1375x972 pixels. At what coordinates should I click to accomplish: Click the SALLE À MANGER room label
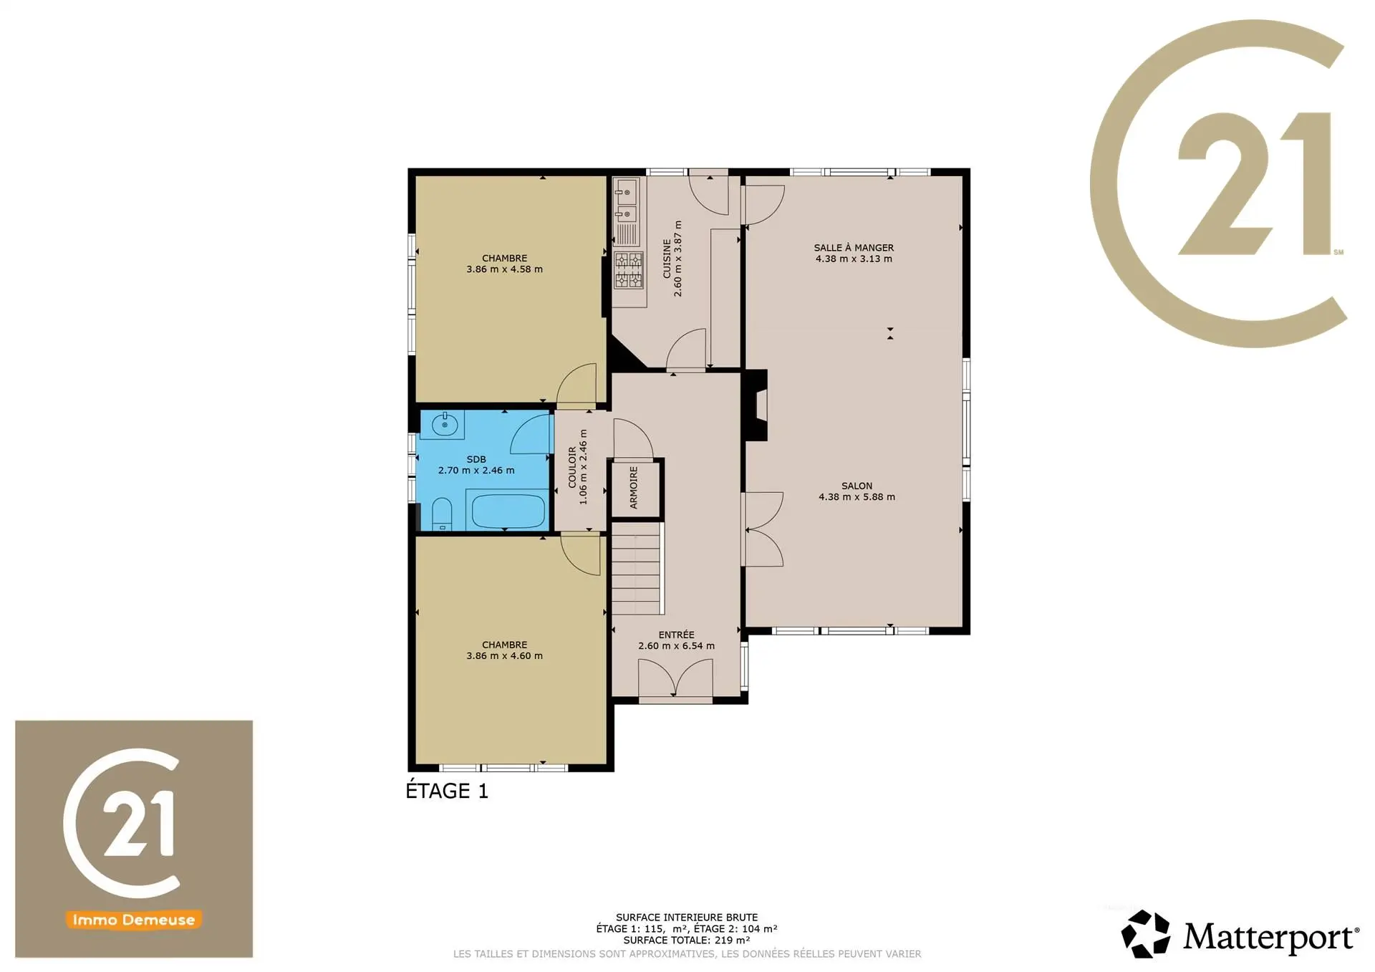click(854, 248)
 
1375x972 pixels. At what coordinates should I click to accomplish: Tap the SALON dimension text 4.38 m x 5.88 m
click(857, 497)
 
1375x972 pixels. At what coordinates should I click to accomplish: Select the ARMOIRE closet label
click(634, 488)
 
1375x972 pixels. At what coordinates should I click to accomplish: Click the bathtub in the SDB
click(507, 509)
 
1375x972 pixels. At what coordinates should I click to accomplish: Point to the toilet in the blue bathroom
click(442, 514)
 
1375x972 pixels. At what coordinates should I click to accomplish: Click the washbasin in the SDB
click(445, 425)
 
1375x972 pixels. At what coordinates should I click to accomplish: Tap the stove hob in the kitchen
click(629, 270)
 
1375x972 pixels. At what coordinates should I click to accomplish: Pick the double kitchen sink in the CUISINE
click(626, 202)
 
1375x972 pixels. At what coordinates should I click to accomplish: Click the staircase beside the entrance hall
click(637, 568)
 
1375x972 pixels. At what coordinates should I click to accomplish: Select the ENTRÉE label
click(677, 635)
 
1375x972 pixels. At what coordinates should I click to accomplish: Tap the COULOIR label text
click(572, 468)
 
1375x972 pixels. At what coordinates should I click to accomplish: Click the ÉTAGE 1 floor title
click(447, 791)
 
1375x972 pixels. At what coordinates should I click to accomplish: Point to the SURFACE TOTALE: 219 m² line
click(687, 940)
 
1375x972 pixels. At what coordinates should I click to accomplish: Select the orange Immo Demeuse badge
click(134, 920)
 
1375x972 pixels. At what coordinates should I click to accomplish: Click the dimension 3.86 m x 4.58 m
click(505, 270)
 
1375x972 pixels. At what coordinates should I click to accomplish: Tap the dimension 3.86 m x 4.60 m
click(505, 656)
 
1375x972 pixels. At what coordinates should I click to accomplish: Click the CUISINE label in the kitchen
click(667, 259)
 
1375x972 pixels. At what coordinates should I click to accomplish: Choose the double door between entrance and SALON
click(764, 530)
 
